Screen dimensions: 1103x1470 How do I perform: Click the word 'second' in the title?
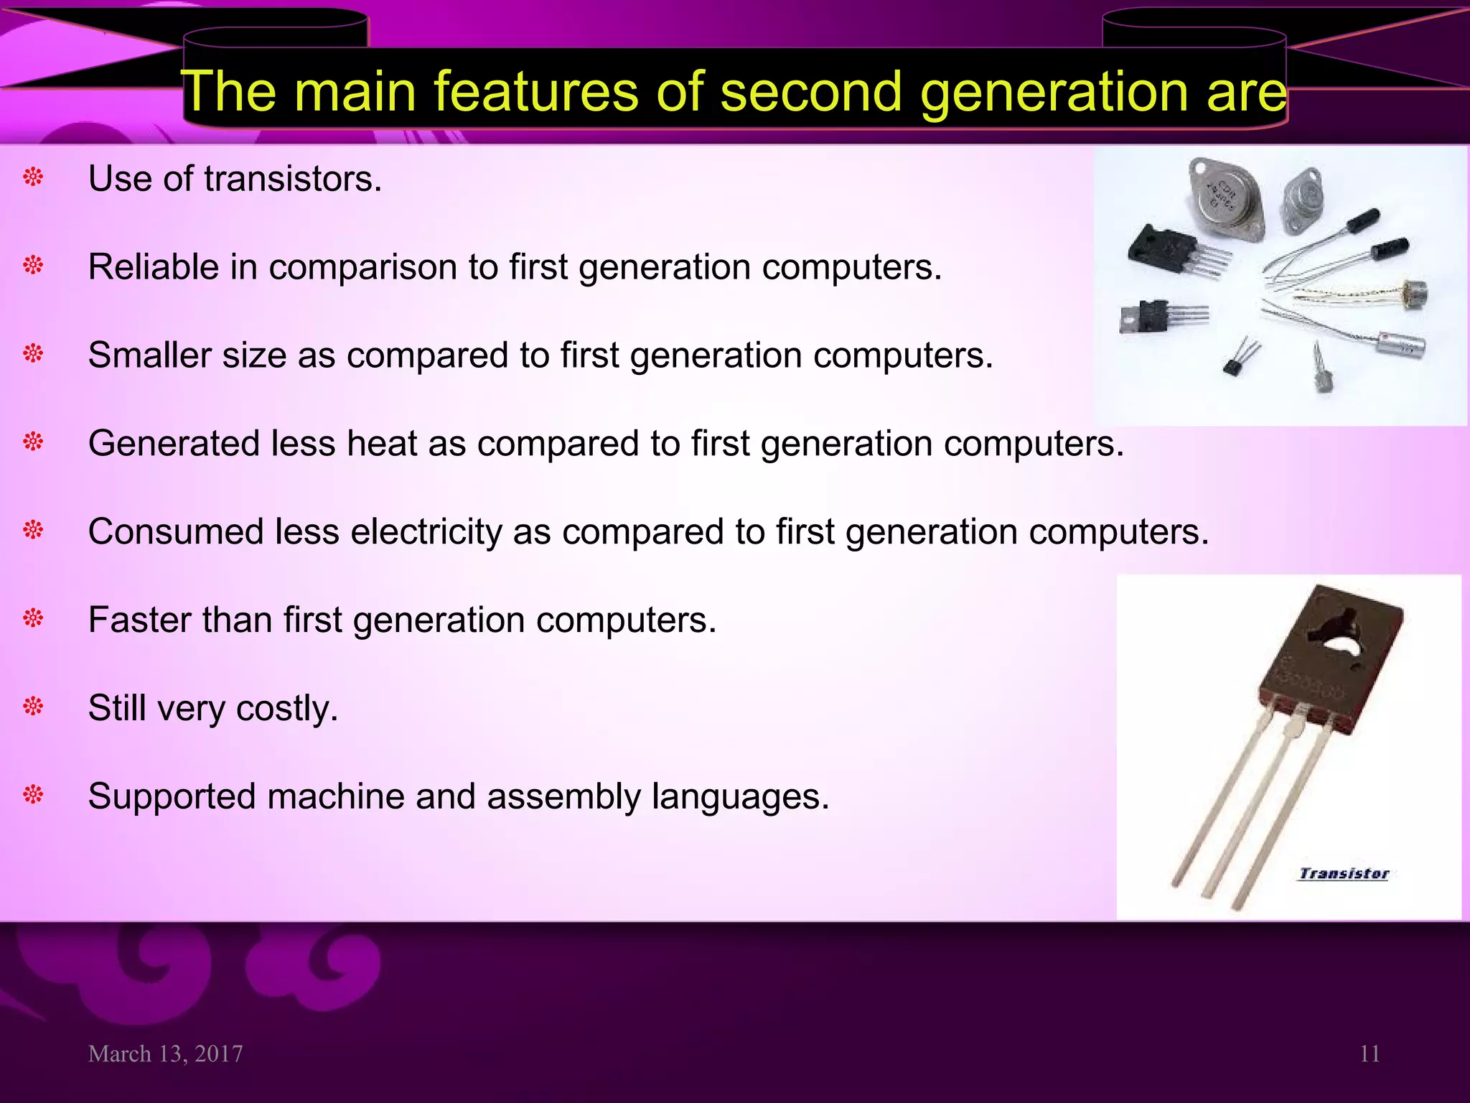pos(810,92)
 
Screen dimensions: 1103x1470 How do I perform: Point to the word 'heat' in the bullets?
pos(382,444)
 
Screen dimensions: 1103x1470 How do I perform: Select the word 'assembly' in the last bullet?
pos(563,797)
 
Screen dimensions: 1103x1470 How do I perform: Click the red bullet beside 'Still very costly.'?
pos(34,707)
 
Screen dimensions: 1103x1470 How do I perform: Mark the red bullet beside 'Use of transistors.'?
pos(34,177)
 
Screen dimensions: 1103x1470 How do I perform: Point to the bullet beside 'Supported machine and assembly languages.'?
pos(34,795)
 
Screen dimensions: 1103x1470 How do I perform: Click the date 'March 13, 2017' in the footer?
pos(166,1054)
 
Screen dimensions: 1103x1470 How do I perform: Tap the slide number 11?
pos(1370,1054)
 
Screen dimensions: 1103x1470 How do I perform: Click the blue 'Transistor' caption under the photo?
pos(1344,874)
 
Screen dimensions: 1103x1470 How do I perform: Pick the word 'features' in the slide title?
pos(535,92)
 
